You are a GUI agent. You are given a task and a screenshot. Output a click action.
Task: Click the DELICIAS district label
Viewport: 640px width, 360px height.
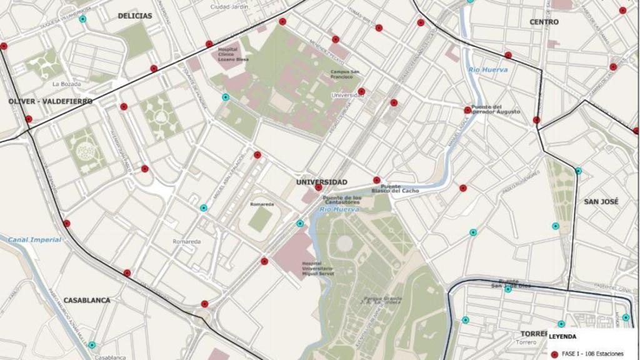[134, 16]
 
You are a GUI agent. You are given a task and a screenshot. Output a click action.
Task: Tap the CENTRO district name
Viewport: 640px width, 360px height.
[544, 22]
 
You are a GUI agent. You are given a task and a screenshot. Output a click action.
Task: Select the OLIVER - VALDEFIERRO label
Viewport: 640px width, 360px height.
[51, 101]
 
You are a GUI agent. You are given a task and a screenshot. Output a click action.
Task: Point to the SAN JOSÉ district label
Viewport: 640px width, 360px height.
[601, 202]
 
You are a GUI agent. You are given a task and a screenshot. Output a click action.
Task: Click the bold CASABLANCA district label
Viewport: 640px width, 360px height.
[87, 300]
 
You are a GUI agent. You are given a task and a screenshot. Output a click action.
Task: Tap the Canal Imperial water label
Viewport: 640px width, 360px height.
[34, 239]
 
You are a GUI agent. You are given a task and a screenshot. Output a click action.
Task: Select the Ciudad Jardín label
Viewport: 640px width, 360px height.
[229, 6]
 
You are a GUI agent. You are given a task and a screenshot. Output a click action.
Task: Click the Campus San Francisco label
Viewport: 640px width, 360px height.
[345, 74]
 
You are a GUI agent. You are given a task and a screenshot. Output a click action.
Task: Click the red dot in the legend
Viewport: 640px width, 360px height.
[554, 354]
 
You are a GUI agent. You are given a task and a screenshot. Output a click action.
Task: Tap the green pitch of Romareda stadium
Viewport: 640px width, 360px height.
[260, 220]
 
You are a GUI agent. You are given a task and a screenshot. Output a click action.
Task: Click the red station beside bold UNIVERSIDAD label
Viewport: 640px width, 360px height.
[318, 187]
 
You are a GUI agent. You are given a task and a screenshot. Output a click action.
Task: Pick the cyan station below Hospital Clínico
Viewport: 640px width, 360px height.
[226, 97]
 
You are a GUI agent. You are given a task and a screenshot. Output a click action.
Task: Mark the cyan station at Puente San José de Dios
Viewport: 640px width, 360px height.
[507, 289]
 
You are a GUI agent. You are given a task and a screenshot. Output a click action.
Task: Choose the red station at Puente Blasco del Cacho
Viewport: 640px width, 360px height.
[376, 180]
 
